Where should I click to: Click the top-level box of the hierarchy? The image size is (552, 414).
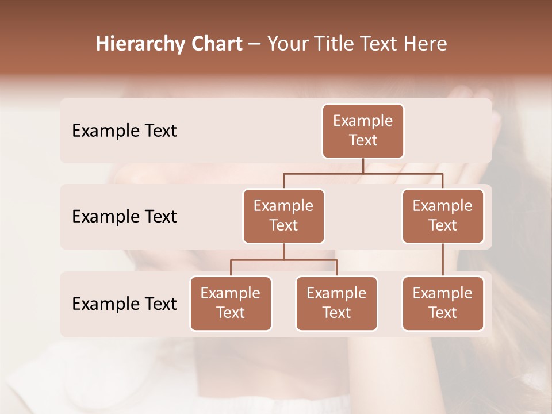[x=363, y=131]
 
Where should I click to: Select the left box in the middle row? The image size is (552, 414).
[x=283, y=216]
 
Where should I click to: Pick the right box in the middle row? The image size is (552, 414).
[x=443, y=216]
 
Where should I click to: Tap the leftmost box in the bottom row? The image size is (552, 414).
[x=231, y=303]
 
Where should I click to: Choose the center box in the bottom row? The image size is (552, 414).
[x=336, y=303]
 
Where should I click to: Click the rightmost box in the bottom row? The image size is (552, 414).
[x=443, y=303]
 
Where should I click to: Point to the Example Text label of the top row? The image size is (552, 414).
[x=124, y=131]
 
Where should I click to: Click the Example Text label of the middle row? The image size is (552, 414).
[x=124, y=216]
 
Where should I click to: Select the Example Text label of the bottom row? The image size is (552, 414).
[x=124, y=304]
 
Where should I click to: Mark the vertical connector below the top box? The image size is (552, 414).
[x=363, y=166]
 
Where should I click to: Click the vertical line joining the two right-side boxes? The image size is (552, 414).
[x=443, y=260]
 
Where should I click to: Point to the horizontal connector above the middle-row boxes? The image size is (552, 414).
[x=322, y=173]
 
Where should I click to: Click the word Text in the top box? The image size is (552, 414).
[x=363, y=140]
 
